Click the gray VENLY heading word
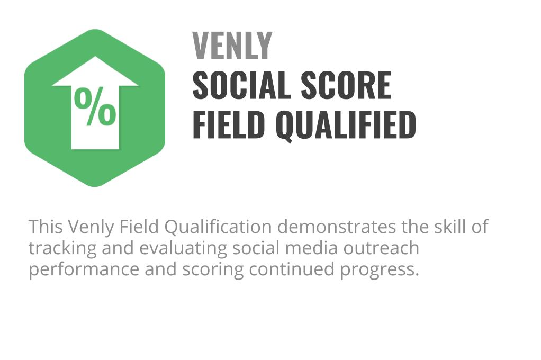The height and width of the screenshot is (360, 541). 232,46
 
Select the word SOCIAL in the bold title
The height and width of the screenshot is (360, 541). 241,85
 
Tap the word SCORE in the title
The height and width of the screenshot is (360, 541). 346,85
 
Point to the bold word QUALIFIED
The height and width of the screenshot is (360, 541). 346,125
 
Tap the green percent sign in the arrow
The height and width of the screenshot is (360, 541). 95,106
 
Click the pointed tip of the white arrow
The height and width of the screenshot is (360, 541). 95,57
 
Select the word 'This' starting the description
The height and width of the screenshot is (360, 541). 46,227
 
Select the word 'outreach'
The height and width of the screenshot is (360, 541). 381,248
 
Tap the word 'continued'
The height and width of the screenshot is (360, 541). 292,269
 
